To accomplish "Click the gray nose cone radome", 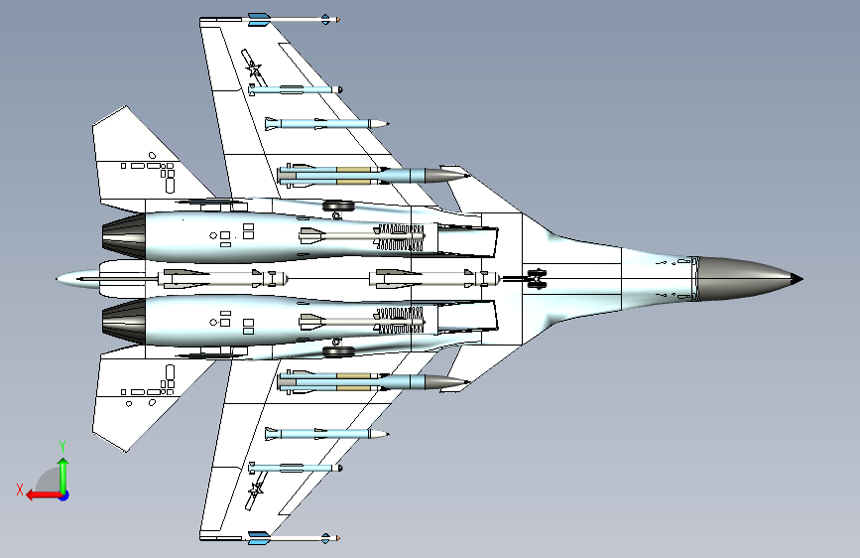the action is [746, 278].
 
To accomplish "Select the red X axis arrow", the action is [44, 495].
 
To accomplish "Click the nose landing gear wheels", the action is [537, 278].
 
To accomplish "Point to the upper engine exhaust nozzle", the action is [124, 235].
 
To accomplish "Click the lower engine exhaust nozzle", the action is [124, 322].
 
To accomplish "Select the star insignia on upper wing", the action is [253, 70].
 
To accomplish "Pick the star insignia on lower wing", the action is [255, 488].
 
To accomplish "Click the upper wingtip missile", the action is [294, 19].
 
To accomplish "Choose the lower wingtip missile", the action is [294, 538].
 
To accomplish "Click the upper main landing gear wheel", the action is [338, 207].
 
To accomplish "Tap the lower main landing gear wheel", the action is [338, 351].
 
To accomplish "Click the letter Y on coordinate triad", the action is [62, 447].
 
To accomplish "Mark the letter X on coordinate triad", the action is [20, 489].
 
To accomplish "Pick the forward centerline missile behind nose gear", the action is [434, 278].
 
